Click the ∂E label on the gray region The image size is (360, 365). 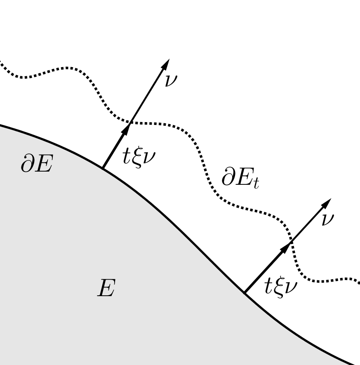point(36,164)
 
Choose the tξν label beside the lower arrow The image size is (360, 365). point(280,287)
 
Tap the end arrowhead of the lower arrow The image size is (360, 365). point(327,203)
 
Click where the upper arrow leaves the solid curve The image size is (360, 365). point(102,168)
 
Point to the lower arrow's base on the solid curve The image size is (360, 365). point(245,293)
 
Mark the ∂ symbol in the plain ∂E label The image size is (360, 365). point(26,164)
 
